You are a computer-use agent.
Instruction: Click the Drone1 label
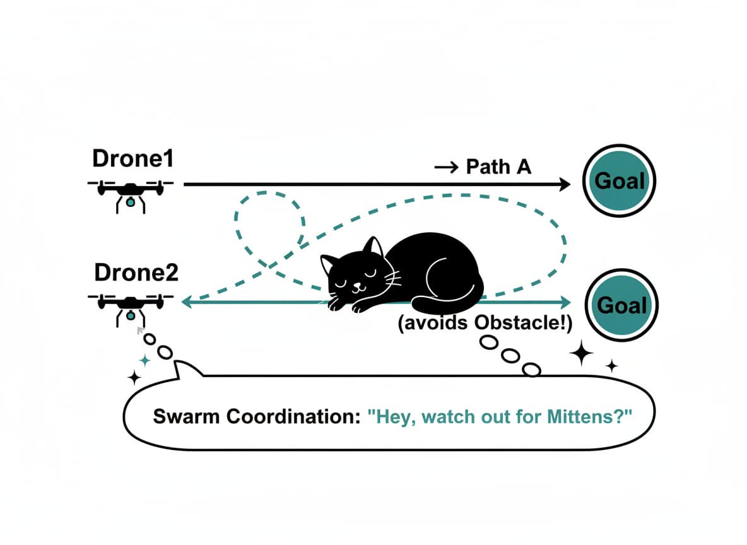(x=132, y=158)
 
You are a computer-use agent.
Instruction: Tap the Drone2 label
(x=136, y=272)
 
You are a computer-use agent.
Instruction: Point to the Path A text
(x=498, y=167)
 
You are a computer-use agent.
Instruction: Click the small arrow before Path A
(x=447, y=168)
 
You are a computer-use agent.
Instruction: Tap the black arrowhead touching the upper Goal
(x=563, y=184)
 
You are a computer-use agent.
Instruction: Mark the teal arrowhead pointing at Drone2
(x=187, y=303)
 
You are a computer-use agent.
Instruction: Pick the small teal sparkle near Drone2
(x=145, y=360)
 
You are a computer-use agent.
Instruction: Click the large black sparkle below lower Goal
(x=581, y=354)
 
